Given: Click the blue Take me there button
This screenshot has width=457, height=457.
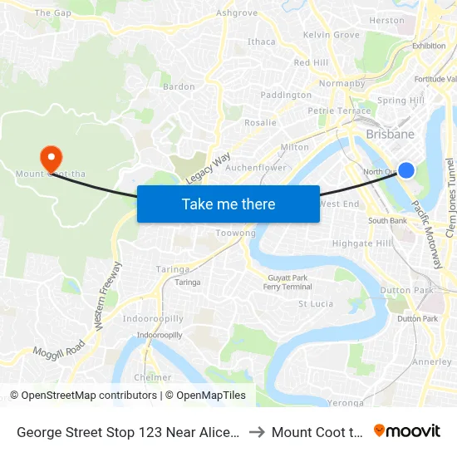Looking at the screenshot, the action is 228,204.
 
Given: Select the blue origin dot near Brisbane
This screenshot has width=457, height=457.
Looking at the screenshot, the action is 406,170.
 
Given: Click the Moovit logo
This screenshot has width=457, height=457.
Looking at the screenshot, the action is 407,431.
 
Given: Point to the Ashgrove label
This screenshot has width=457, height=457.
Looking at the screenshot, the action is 237,13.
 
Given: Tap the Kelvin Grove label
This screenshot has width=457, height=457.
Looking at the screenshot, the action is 331,35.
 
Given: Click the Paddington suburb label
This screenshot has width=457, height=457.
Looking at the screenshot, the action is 286,96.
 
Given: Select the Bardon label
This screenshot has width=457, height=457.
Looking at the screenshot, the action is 179,86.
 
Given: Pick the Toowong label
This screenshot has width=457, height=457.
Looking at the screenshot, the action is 236,233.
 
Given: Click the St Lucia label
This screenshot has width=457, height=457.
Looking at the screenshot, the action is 316,304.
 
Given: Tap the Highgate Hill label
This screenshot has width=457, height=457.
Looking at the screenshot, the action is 361,243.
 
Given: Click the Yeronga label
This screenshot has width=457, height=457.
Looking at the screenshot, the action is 346,403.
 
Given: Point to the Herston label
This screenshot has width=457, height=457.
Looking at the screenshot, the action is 386,20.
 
